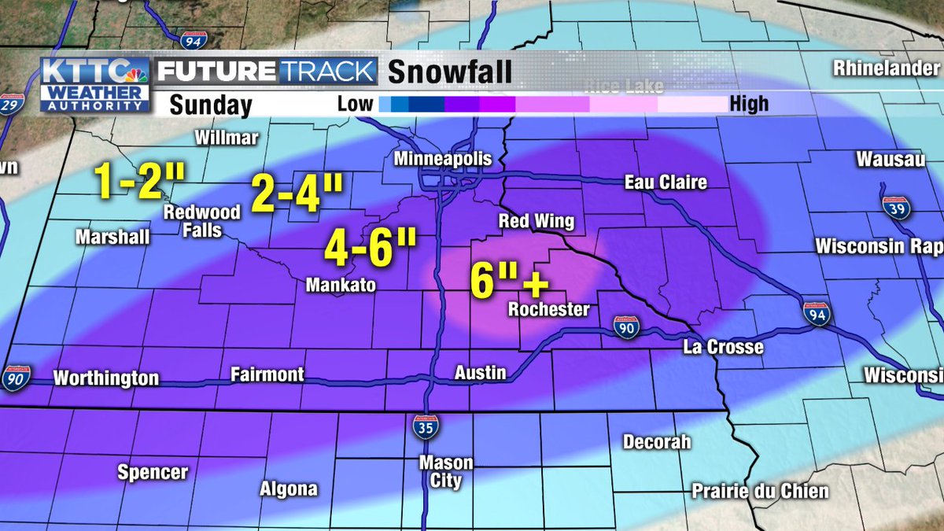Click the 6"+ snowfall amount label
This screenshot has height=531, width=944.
tap(508, 280)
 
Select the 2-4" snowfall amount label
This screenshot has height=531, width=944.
tap(297, 194)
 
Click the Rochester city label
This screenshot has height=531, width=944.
tap(548, 309)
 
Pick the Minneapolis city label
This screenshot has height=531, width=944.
tap(442, 159)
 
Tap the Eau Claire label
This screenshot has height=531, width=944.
tap(666, 183)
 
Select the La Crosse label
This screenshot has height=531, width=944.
tap(723, 346)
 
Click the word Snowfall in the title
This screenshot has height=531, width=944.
tap(450, 72)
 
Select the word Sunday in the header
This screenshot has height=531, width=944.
tap(210, 105)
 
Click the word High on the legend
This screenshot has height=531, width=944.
tap(749, 104)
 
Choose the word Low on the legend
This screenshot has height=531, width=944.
tap(356, 104)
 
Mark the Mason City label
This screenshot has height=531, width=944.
tap(445, 472)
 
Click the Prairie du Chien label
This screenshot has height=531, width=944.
tap(760, 492)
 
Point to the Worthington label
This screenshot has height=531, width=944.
tap(106, 378)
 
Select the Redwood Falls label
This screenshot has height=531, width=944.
tap(191, 222)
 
